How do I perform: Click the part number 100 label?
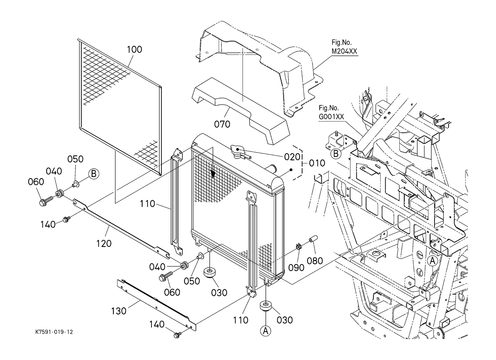[135, 49]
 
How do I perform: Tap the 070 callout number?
[222, 124]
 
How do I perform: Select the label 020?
[292, 157]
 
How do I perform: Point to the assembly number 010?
[317, 163]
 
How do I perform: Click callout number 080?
[315, 260]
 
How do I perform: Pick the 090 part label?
[296, 268]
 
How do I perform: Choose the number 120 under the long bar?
[104, 243]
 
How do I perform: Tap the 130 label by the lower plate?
[119, 310]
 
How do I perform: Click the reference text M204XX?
[344, 51]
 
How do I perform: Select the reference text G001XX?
[331, 117]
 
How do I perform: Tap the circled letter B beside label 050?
[94, 174]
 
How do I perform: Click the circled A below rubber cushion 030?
[265, 331]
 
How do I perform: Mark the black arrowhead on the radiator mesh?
[213, 175]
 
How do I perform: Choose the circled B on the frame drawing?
[335, 154]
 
